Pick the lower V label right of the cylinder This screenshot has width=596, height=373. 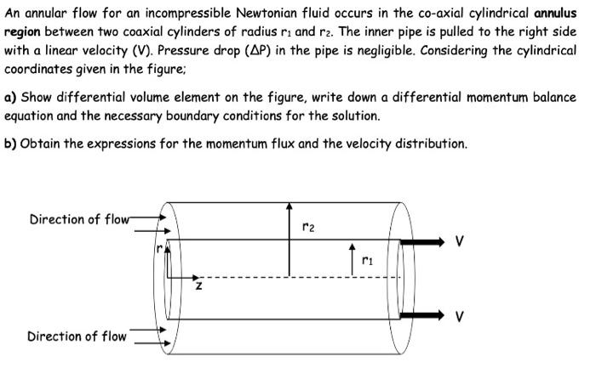pyautogui.click(x=461, y=317)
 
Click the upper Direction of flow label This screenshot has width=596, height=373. pyautogui.click(x=77, y=219)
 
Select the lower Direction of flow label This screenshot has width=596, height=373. pyautogui.click(x=77, y=336)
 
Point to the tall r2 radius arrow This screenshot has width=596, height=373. pyautogui.click(x=289, y=238)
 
